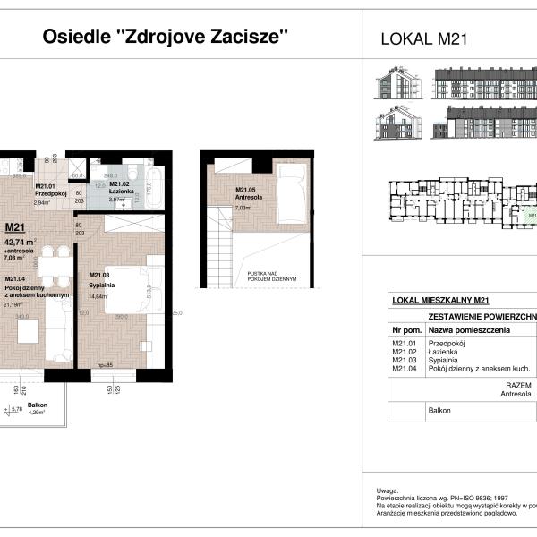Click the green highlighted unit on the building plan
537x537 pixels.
click(531, 216)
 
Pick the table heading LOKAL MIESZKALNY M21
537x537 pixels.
click(439, 301)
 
